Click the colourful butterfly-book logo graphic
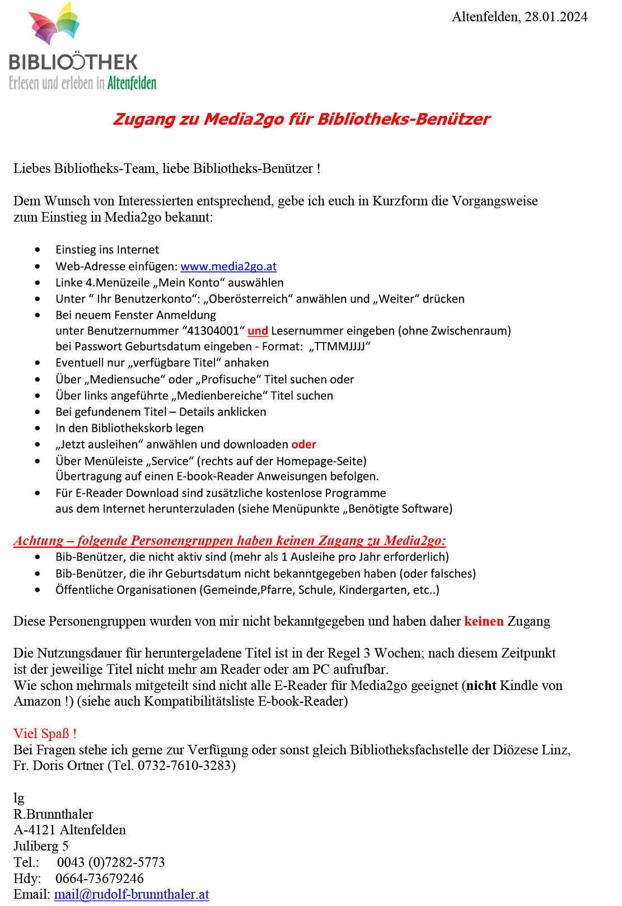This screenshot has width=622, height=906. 54,25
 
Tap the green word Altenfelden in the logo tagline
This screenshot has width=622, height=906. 132,83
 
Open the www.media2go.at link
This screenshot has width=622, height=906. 228,266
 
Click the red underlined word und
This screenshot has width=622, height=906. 258,331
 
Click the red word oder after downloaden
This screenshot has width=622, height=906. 303,444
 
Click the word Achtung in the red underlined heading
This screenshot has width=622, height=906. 38,541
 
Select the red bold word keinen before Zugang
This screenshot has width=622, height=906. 484,621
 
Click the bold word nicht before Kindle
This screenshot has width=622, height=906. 481,686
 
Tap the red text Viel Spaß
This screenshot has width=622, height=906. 45,734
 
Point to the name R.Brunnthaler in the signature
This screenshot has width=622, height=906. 53,814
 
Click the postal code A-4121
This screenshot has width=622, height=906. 35,830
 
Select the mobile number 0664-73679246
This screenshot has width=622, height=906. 100,879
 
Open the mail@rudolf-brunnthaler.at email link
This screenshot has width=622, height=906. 132,894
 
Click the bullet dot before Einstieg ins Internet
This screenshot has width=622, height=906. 38,250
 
